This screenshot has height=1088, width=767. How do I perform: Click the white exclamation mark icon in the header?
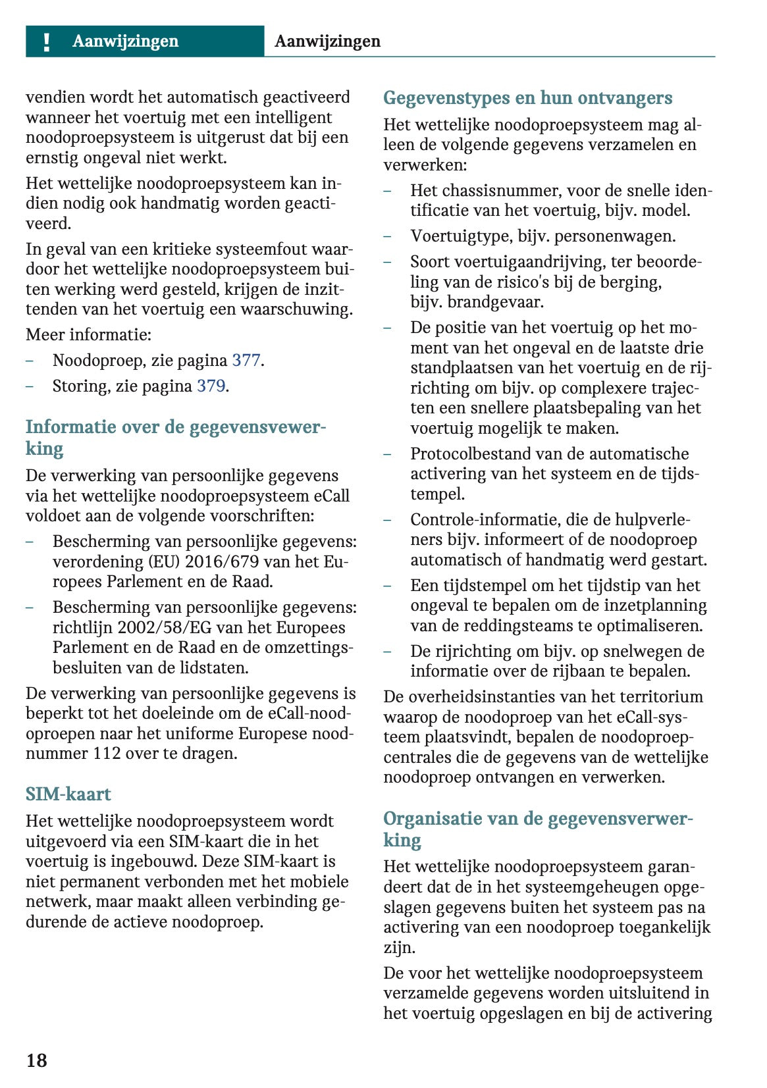click(x=46, y=42)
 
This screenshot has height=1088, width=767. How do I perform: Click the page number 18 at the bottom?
click(x=37, y=1060)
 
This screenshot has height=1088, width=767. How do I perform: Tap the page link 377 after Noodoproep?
click(x=246, y=361)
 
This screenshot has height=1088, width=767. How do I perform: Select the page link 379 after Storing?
click(x=211, y=386)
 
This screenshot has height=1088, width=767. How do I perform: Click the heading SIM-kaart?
click(x=68, y=794)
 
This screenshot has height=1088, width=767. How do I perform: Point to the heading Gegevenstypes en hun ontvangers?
click(x=527, y=98)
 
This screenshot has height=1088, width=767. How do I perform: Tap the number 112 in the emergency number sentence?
click(x=107, y=754)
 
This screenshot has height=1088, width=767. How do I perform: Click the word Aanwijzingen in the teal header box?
click(x=125, y=41)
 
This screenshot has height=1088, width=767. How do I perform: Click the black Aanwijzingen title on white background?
click(x=327, y=41)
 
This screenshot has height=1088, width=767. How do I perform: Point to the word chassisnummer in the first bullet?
click(x=498, y=191)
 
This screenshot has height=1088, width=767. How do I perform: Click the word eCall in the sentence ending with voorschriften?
click(x=332, y=496)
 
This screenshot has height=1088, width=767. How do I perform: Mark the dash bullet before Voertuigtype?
click(x=388, y=236)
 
